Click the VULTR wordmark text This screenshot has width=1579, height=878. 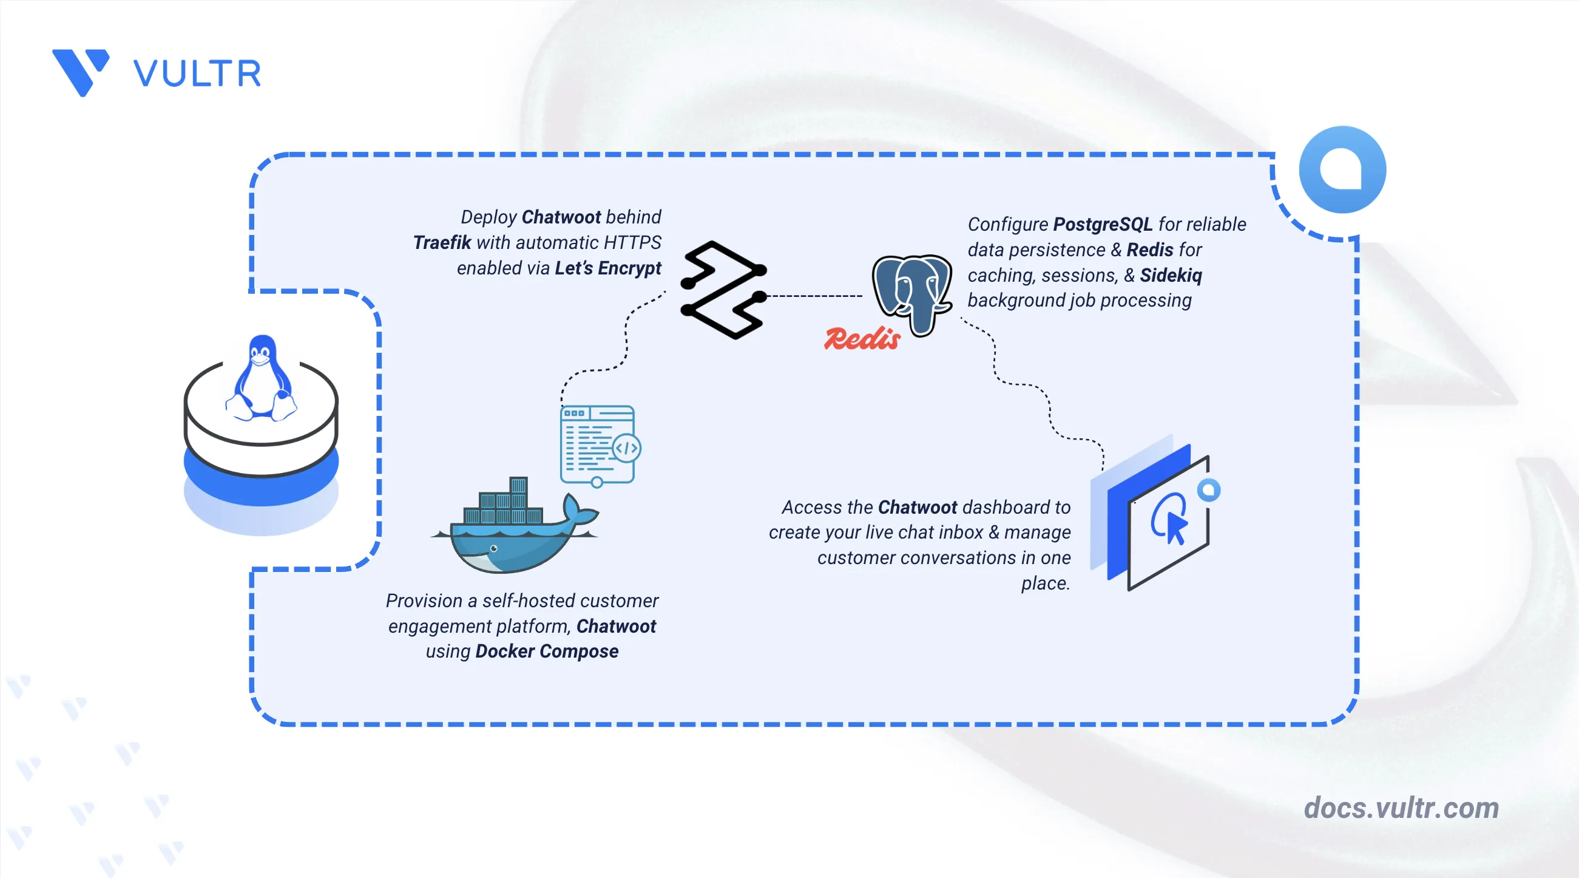pos(197,73)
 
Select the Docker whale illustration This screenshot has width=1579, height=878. pos(515,525)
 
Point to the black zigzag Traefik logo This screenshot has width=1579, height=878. pos(723,290)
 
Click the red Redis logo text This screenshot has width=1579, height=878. pos(862,338)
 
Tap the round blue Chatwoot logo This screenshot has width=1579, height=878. pos(1342,170)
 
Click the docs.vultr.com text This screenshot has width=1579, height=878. pos(1401,808)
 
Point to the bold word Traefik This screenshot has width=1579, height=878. pos(442,243)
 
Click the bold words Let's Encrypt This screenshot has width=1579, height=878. pos(607,268)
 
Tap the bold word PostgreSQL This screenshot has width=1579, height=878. pos(1103,225)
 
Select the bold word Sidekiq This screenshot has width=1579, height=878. pos(1171,275)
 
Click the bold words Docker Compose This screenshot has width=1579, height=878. pos(547,651)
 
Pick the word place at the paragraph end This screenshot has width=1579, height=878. pos(1045,583)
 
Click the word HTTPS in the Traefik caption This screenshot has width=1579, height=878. pos(632,243)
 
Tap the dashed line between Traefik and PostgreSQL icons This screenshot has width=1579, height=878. pos(814,296)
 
